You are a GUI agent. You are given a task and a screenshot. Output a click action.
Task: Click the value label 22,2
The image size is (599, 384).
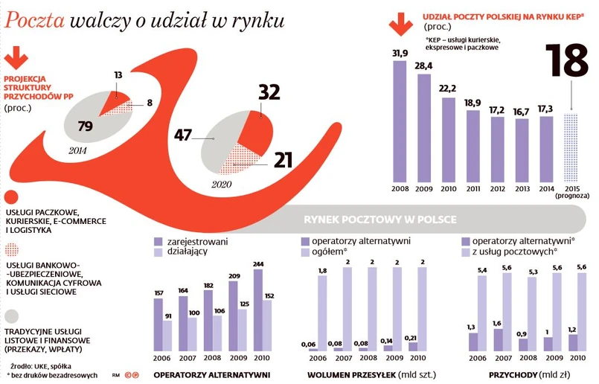(x=448, y=89)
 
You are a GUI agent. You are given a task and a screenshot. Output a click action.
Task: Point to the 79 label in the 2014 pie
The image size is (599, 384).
(x=85, y=126)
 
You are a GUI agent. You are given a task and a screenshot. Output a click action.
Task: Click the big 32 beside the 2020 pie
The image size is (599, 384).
(x=268, y=92)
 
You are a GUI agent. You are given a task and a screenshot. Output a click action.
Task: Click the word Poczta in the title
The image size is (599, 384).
(x=34, y=22)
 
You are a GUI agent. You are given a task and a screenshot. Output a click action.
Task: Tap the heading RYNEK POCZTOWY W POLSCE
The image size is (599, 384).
(x=379, y=220)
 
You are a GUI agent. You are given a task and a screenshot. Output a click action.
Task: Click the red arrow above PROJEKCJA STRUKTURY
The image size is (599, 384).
(x=16, y=58)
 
